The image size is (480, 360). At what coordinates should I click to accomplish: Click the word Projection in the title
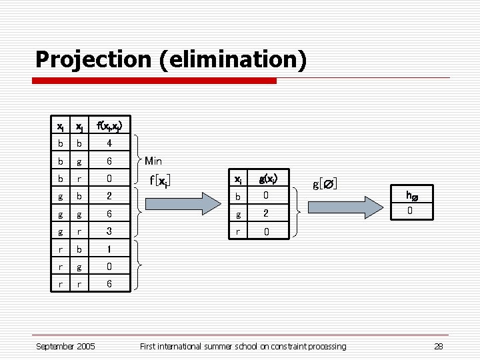coord(93,59)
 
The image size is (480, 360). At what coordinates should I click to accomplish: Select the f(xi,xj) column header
coord(109,125)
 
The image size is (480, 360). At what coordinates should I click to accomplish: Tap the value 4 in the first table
coord(109,143)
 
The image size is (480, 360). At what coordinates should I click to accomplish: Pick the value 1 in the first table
coord(109,248)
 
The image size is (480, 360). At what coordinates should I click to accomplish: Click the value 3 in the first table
coord(109,231)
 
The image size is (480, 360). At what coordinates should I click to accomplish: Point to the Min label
coord(153,161)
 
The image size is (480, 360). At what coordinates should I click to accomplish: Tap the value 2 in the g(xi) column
coord(265,213)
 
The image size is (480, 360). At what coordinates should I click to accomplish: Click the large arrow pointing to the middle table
coord(180,203)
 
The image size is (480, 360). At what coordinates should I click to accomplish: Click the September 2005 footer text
coord(65,346)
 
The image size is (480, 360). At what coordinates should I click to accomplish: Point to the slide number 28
coord(438,346)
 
